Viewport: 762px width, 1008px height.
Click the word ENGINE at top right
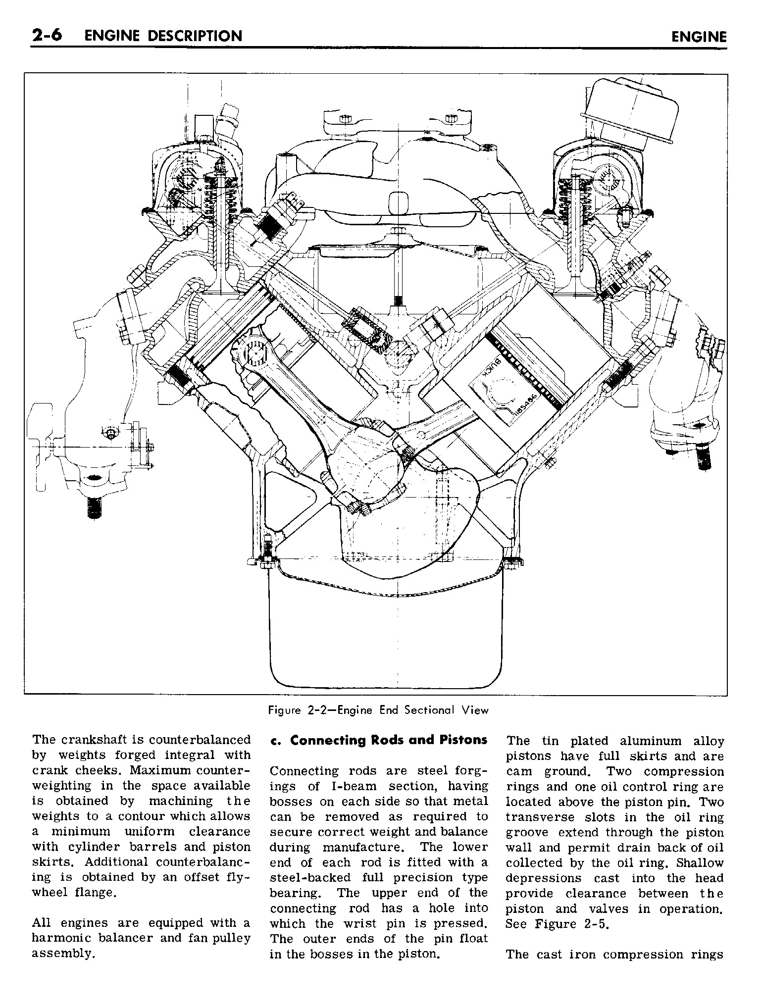click(699, 37)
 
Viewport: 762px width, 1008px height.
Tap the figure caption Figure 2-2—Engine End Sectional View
click(378, 710)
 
